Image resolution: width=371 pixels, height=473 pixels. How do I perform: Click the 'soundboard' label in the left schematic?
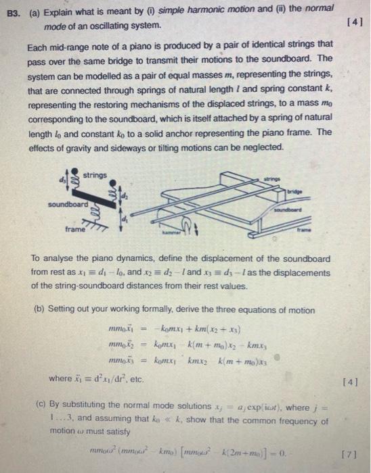pos(67,203)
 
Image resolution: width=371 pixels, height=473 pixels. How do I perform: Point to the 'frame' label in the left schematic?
pos(76,230)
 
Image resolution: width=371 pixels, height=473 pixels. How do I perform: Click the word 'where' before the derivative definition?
pos(61,380)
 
